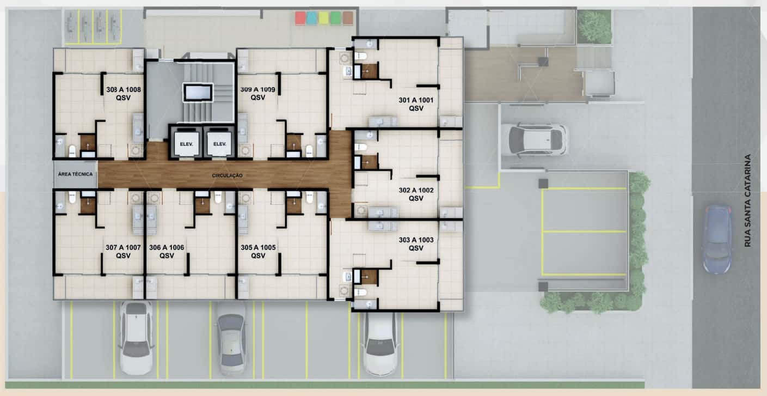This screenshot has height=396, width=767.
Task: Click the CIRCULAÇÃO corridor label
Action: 227,176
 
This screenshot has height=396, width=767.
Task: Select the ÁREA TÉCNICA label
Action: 75,174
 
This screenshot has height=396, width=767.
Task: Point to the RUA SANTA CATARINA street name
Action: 747,200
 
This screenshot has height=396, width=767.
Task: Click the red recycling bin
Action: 300,18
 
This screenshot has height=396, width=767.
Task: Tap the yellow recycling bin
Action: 323,18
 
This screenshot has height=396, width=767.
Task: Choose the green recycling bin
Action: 335,18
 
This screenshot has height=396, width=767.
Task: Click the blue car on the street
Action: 717,239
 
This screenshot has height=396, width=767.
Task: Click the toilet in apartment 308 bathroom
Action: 72,151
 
